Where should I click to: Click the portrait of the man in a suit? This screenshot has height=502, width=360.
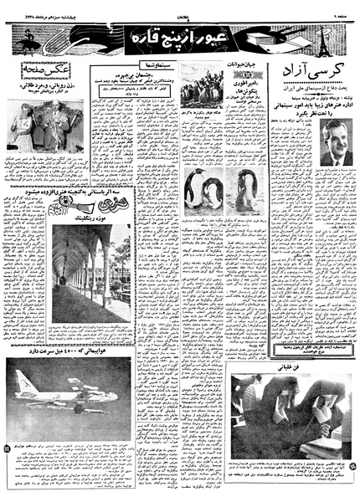click(x=337, y=141)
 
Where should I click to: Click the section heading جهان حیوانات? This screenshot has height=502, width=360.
click(x=239, y=63)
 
